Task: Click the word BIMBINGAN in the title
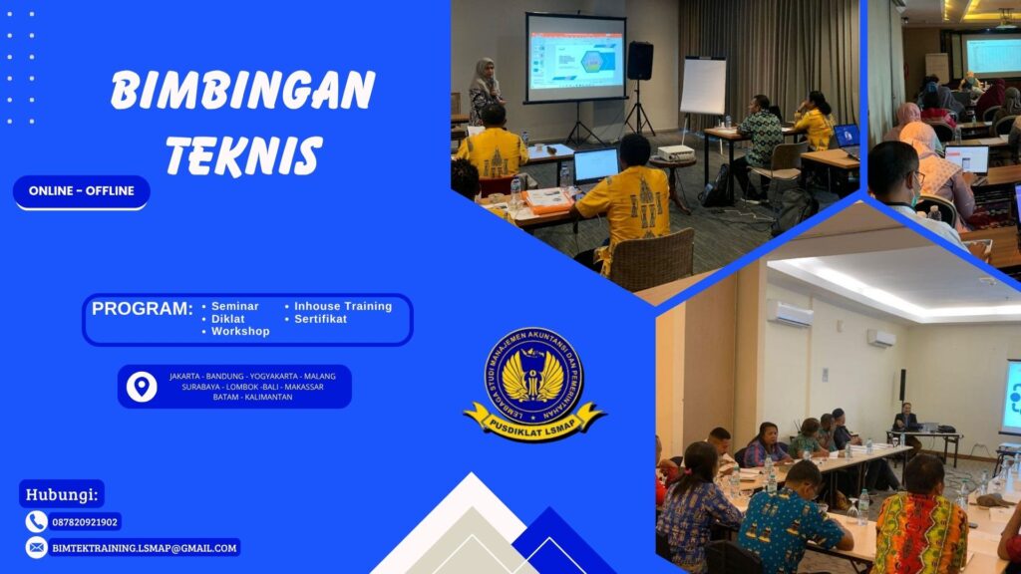click(x=242, y=92)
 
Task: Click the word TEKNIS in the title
click(x=243, y=156)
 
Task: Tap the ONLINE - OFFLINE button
click(x=82, y=191)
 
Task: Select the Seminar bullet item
click(x=234, y=306)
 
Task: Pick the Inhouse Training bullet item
click(x=342, y=306)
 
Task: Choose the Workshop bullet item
click(x=239, y=331)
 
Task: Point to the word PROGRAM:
click(x=142, y=309)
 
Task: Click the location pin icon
click(x=142, y=386)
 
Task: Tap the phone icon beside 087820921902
click(x=37, y=521)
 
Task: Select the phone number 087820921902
click(x=85, y=521)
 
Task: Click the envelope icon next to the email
click(x=37, y=547)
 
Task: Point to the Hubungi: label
click(x=61, y=493)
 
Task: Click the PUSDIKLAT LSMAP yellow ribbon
click(x=534, y=419)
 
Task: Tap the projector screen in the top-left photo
click(x=575, y=58)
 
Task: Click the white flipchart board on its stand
click(x=703, y=86)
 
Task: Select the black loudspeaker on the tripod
click(x=639, y=61)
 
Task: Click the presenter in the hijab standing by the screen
click(x=486, y=90)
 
